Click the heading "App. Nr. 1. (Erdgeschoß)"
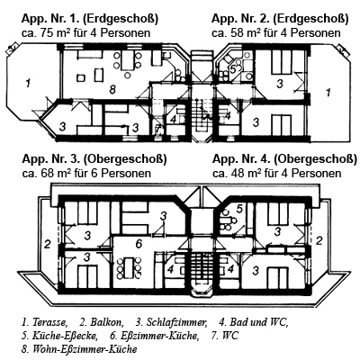(x=90, y=19)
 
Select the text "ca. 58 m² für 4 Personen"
(x=276, y=33)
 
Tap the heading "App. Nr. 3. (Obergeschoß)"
(x=94, y=159)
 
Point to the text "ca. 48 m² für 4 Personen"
(x=277, y=174)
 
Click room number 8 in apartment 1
(x=112, y=89)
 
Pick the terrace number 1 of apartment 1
(x=28, y=83)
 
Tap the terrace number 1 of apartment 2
(x=328, y=92)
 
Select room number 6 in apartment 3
(x=139, y=244)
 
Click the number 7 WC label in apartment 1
(x=157, y=130)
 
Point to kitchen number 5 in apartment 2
(x=233, y=68)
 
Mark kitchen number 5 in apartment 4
(x=239, y=208)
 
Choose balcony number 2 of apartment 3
(x=47, y=244)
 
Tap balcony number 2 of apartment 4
(x=319, y=240)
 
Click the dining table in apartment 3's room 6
(x=130, y=267)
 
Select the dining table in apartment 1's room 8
(x=127, y=61)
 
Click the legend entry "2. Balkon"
(x=102, y=322)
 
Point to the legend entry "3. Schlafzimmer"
(x=172, y=323)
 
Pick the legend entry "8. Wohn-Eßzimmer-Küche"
(x=79, y=349)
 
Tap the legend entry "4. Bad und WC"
(x=254, y=322)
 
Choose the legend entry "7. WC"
(x=225, y=336)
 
